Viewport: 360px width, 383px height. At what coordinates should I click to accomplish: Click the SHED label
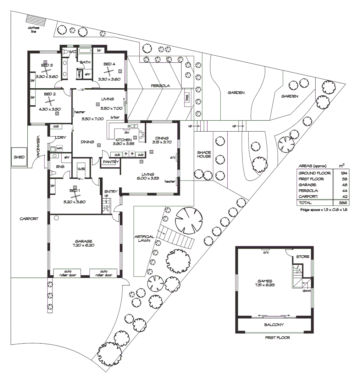tap(19, 157)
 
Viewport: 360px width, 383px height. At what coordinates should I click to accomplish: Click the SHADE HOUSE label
tap(204, 154)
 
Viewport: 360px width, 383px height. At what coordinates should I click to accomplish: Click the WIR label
tap(81, 169)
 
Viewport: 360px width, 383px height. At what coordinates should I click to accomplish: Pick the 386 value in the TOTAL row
tap(343, 202)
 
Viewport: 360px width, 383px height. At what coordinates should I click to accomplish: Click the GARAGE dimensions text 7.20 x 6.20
tap(84, 245)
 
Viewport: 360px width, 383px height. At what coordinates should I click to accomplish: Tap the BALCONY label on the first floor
tap(274, 324)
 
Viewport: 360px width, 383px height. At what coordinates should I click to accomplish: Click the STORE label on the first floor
tap(303, 256)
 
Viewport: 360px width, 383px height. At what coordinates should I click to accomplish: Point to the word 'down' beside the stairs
tap(307, 290)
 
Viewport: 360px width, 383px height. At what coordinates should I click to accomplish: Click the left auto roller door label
tap(67, 273)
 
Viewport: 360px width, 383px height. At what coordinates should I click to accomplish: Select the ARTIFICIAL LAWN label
tap(144, 238)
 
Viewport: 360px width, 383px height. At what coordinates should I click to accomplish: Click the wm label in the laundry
tap(60, 148)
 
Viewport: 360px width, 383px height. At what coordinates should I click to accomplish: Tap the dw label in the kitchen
tap(126, 132)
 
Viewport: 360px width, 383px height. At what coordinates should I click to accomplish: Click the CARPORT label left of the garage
tap(29, 219)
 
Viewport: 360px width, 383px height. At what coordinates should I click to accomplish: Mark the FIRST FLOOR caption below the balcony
tap(277, 338)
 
